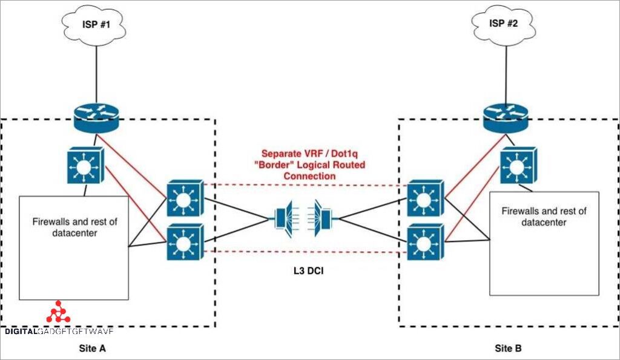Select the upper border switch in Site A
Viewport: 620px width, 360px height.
tap(185, 198)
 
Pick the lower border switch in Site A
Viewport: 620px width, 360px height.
tap(185, 242)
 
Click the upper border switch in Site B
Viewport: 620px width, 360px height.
tap(425, 198)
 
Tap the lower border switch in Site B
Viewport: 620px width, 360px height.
tap(425, 242)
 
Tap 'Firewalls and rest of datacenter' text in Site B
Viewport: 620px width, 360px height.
tap(544, 217)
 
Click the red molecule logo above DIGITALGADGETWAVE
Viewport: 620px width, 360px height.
tap(59, 312)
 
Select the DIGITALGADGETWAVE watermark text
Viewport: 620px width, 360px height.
tap(59, 332)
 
